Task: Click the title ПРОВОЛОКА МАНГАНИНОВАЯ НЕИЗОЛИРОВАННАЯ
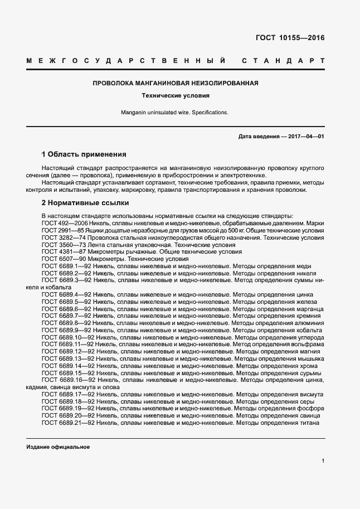pos(175,83)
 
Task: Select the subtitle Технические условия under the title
pos(175,95)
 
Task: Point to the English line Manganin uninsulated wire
pos(175,112)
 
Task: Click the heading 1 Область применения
pos(84,154)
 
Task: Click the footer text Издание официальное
pos(58,447)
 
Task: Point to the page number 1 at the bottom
pos(323,460)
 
